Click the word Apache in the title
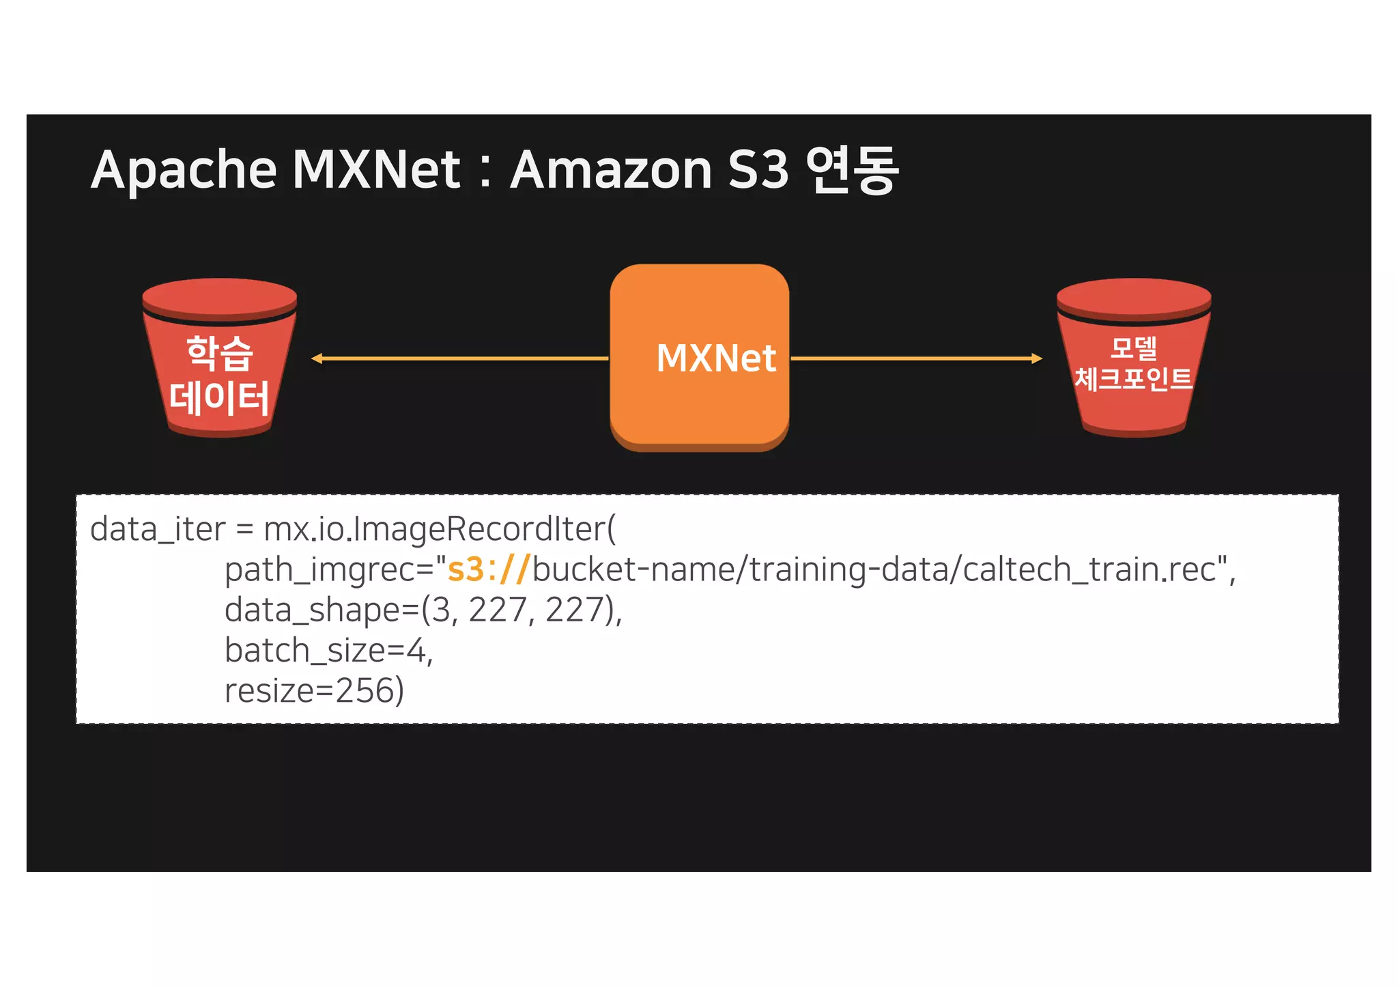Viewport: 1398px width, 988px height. point(184,171)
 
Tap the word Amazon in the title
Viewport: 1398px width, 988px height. point(612,171)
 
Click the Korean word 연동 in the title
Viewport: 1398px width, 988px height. point(851,171)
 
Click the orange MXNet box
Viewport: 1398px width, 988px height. point(699,357)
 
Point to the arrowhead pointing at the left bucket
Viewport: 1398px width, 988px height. point(317,358)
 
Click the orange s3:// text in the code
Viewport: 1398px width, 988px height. point(487,569)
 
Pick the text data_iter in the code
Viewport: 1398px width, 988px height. point(158,530)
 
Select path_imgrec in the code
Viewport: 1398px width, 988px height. point(318,569)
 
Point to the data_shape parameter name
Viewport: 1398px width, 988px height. point(313,610)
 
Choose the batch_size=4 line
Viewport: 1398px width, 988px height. point(328,650)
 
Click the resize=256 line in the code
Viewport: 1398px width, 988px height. point(314,690)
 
